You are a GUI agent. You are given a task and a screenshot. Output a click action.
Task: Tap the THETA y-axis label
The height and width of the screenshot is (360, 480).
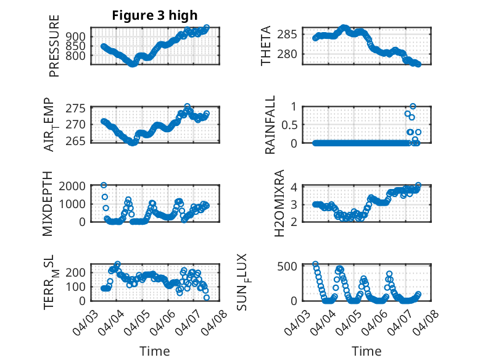click(x=266, y=46)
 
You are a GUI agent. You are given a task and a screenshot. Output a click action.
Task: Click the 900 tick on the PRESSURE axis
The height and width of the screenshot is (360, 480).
click(x=78, y=37)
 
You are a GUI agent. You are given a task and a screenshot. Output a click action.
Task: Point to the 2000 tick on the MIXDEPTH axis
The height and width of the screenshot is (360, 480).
click(x=75, y=186)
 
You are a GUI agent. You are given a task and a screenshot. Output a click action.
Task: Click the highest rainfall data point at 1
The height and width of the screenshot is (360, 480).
click(x=413, y=106)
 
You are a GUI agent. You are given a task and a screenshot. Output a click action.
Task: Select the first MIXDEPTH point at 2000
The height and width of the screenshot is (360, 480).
click(x=104, y=185)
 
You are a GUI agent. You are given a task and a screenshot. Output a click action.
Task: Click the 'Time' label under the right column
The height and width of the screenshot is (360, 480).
click(x=366, y=351)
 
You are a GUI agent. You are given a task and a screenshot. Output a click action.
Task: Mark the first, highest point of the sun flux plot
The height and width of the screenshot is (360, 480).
click(x=315, y=264)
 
